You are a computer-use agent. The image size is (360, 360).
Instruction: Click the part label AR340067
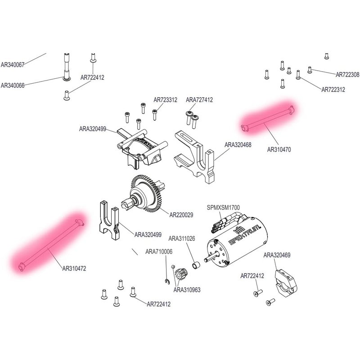pyautogui.click(x=12, y=65)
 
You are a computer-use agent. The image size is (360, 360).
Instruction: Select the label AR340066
pyautogui.click(x=12, y=85)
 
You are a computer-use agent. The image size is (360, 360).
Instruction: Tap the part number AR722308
pyautogui.click(x=347, y=74)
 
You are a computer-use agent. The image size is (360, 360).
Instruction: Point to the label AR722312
pyautogui.click(x=333, y=90)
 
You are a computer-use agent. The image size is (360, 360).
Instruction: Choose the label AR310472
pyautogui.click(x=74, y=269)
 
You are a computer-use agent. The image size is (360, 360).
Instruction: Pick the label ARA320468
pyautogui.click(x=238, y=145)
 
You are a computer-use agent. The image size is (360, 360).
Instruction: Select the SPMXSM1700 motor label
pyautogui.click(x=223, y=207)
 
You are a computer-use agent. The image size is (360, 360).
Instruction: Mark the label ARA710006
pyautogui.click(x=159, y=252)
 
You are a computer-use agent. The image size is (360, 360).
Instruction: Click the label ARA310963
pyautogui.click(x=187, y=290)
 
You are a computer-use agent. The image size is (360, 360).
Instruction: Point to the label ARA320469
pyautogui.click(x=277, y=255)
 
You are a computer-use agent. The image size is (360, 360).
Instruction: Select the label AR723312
pyautogui.click(x=165, y=100)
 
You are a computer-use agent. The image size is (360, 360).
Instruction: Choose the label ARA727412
pyautogui.click(x=199, y=100)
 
